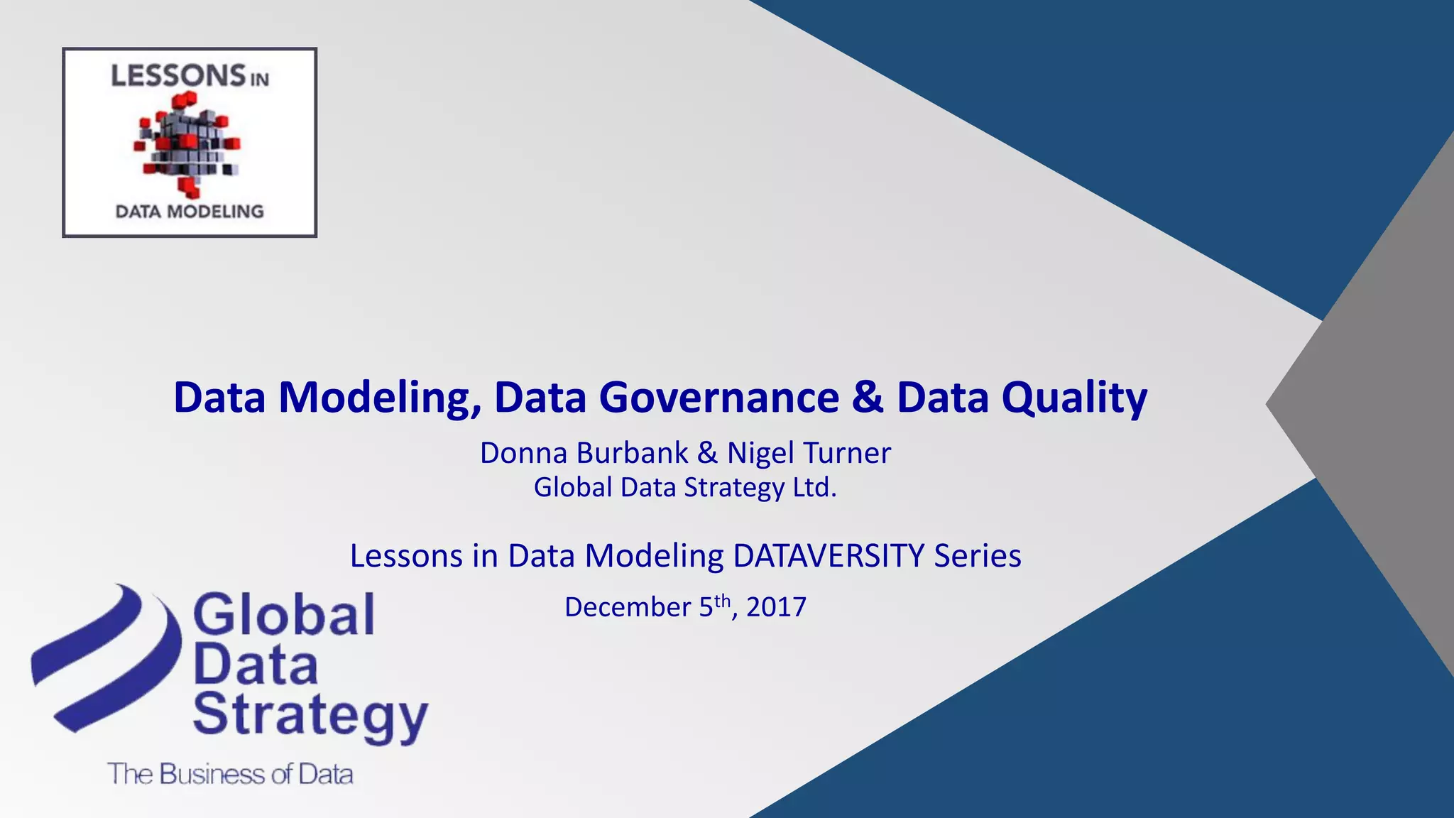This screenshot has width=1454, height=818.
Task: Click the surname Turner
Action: point(856,453)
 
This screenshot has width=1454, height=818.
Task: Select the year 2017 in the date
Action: point(776,608)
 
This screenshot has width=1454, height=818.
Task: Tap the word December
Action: point(627,608)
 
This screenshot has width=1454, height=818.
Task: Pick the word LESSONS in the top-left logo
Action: point(178,75)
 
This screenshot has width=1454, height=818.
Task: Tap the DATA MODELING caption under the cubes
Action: point(190,212)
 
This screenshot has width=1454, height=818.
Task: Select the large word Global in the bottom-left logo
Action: point(283,615)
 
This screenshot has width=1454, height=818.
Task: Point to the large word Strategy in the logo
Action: point(310,716)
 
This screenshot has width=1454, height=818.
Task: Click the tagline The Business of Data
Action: point(230,774)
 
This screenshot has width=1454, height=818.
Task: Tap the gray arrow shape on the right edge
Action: point(1370,405)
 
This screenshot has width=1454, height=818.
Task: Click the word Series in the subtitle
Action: point(977,555)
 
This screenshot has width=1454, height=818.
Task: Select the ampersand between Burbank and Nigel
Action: point(707,453)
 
